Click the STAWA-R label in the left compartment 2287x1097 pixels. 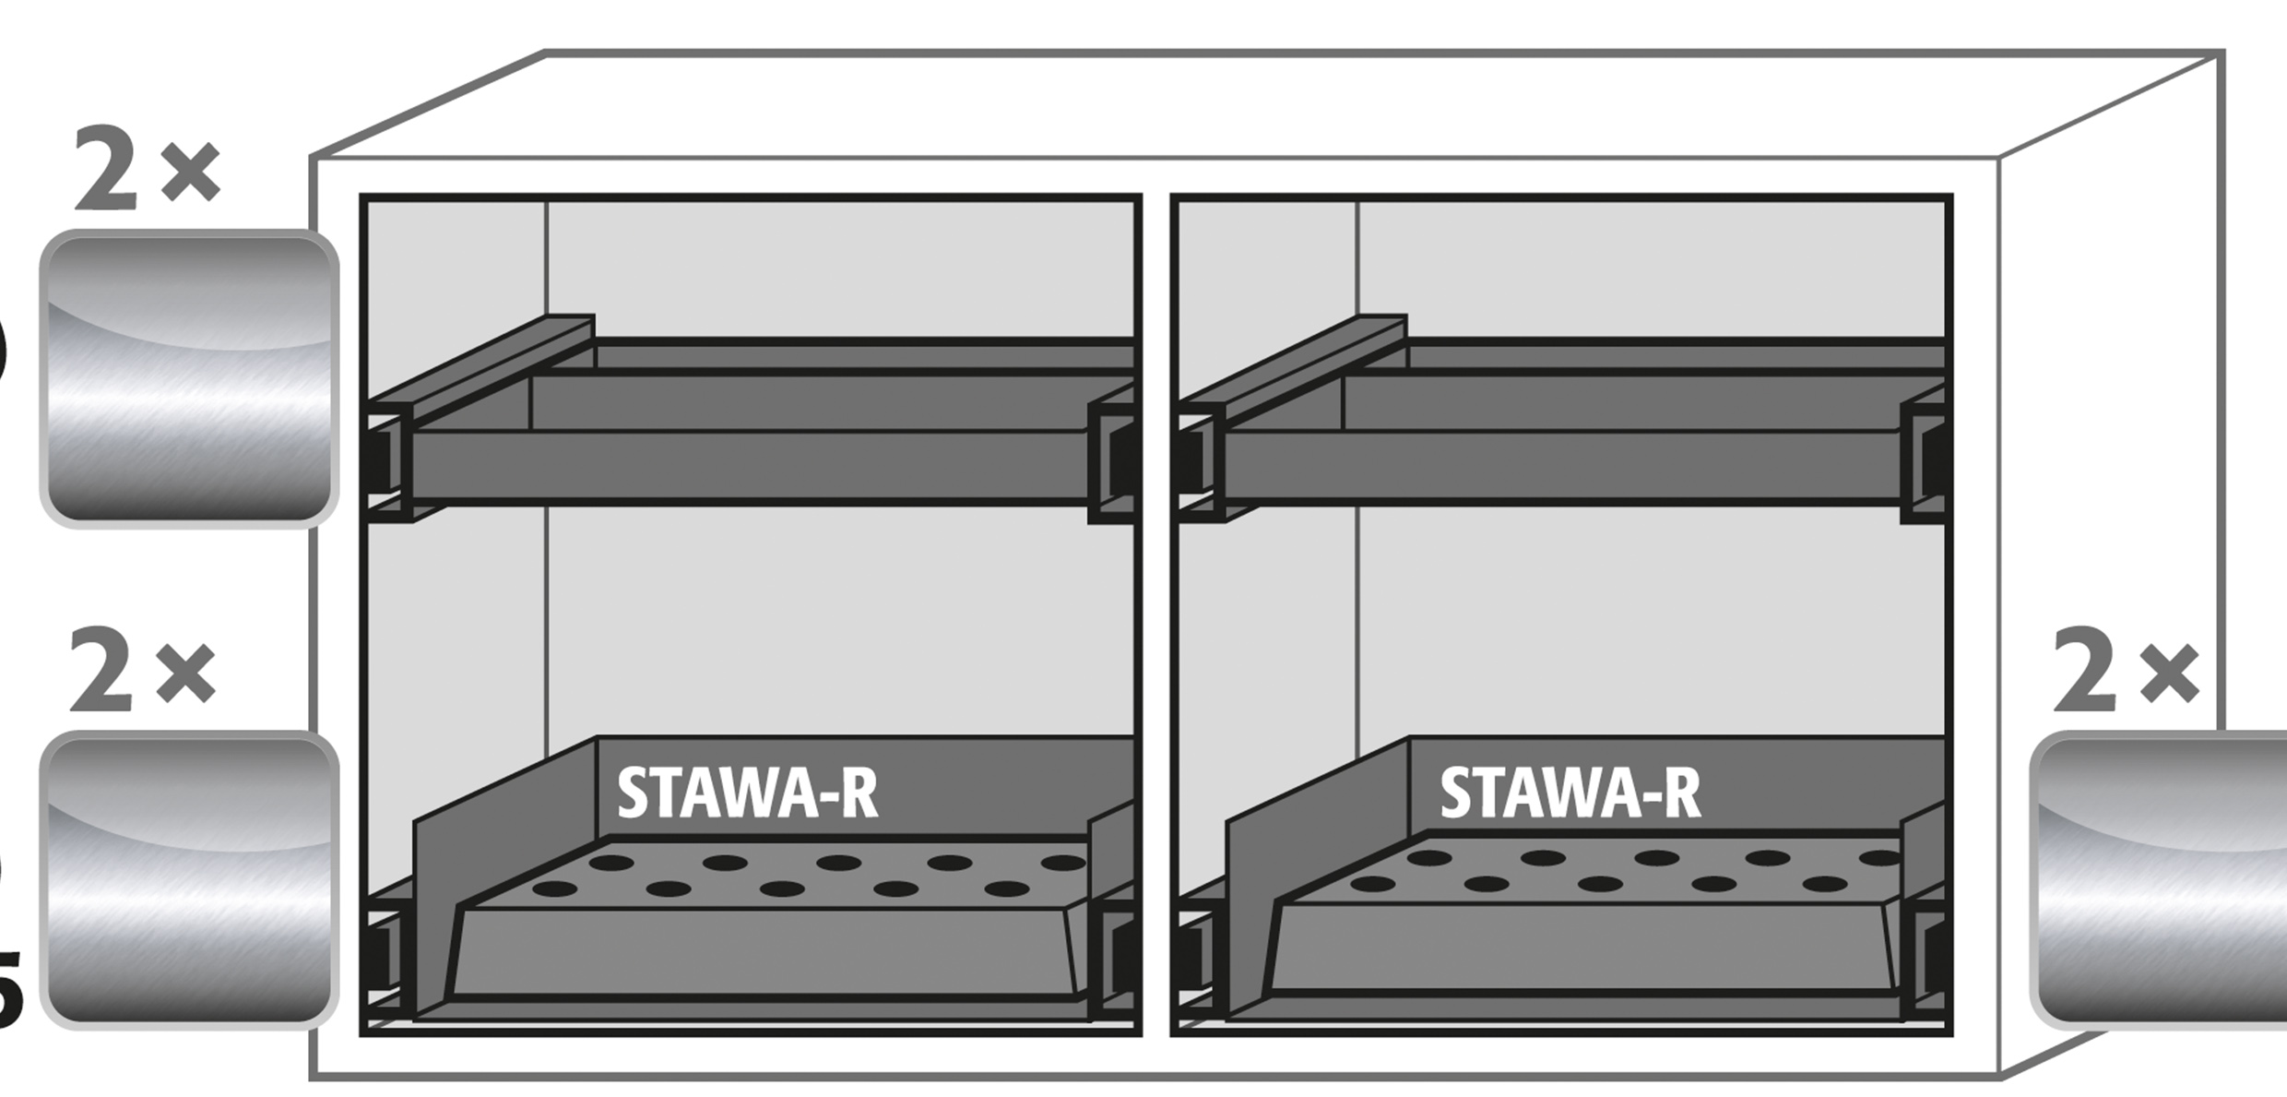pyautogui.click(x=747, y=793)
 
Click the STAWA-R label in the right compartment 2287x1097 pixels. pyautogui.click(x=1570, y=793)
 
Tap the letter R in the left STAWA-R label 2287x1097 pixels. pyautogui.click(x=858, y=793)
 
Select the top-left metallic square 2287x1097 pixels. pyautogui.click(x=189, y=378)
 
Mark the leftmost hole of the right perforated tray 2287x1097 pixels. pyautogui.click(x=1372, y=884)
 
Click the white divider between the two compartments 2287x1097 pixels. pyautogui.click(x=1156, y=609)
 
